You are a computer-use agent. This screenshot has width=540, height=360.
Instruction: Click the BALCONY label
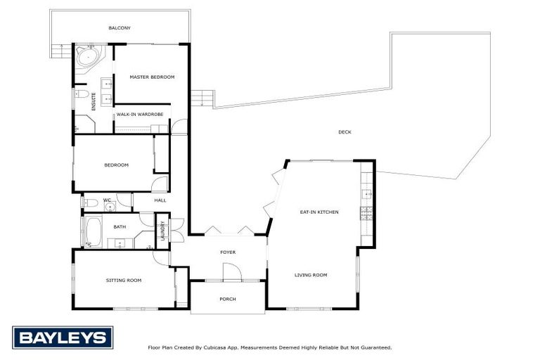(120, 28)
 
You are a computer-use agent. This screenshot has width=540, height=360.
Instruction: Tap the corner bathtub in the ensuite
(89, 57)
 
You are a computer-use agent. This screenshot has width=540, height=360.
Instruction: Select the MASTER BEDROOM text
(152, 77)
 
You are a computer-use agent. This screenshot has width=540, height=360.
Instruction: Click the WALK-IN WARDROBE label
(140, 114)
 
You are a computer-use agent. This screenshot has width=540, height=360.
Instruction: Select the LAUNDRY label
(162, 231)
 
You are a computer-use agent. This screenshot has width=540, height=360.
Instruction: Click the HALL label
(160, 200)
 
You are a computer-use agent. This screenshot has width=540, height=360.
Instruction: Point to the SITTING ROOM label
(124, 280)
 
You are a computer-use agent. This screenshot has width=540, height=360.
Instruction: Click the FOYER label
(228, 252)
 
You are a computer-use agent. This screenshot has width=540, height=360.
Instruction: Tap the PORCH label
(228, 299)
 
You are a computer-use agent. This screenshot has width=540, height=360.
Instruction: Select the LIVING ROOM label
(311, 275)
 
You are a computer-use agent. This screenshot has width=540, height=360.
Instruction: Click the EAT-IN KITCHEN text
(319, 212)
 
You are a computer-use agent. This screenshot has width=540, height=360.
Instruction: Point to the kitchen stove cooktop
(366, 212)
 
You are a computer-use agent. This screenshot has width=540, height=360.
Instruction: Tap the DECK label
(345, 131)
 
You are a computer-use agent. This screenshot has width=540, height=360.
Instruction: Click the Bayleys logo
(63, 337)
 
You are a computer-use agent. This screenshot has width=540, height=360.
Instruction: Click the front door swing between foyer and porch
(231, 271)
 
